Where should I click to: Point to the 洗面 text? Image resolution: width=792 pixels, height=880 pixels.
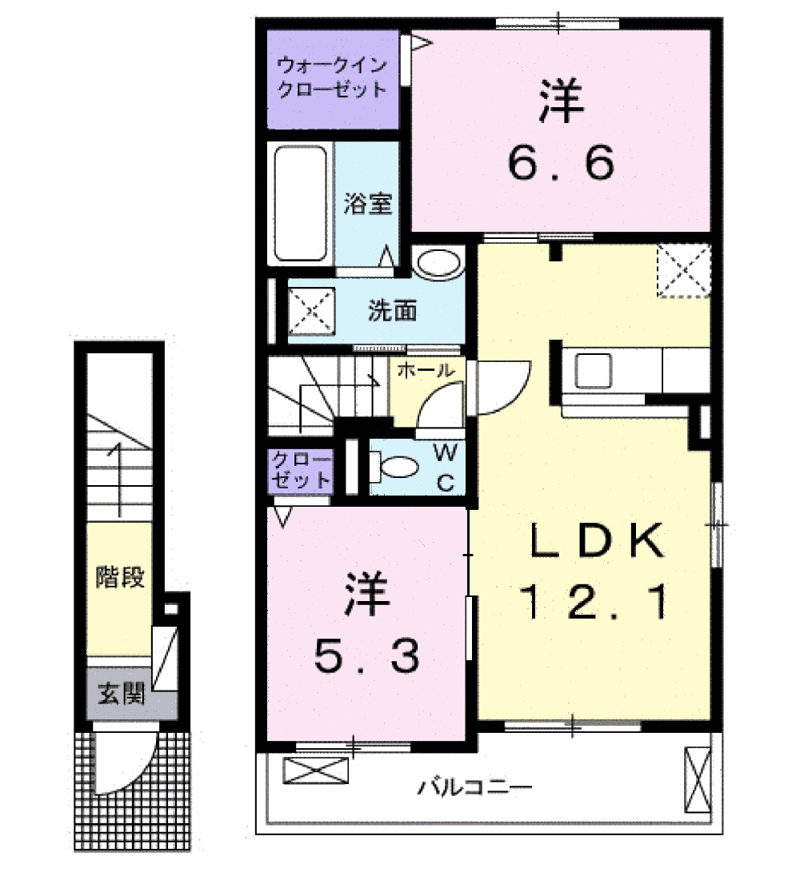click(x=391, y=310)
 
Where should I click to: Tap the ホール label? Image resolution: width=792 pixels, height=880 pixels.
click(x=425, y=370)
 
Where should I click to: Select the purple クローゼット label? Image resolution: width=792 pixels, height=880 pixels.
click(x=300, y=472)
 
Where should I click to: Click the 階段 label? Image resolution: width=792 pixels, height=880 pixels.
click(x=119, y=577)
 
